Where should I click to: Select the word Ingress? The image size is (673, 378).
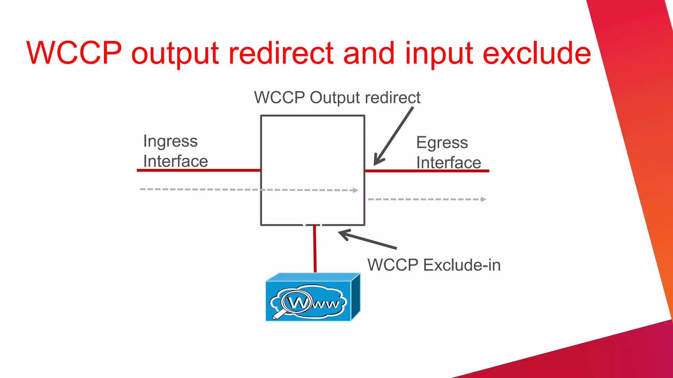point(170,142)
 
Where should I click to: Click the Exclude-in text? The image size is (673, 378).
point(462,265)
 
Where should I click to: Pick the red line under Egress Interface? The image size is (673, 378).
point(427,171)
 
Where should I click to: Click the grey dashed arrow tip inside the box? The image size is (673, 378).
point(356,190)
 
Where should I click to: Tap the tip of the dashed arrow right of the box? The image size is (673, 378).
point(483,199)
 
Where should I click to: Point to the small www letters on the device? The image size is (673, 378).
point(325,304)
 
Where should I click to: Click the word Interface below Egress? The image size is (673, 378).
point(449,163)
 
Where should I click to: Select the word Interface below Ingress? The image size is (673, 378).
point(175,161)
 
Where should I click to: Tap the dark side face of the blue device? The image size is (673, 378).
point(356,297)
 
